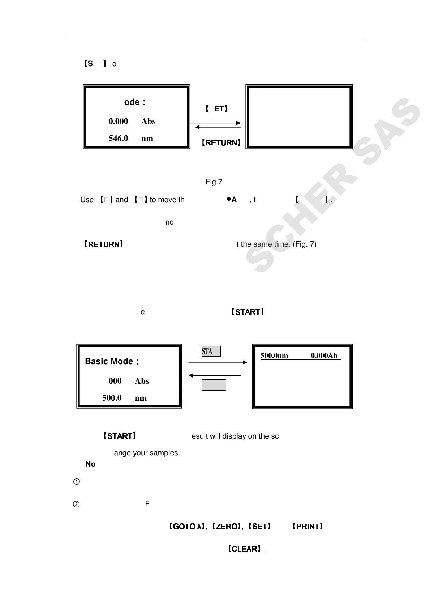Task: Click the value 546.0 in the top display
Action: pyautogui.click(x=118, y=138)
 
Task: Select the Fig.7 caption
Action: pyautogui.click(x=214, y=182)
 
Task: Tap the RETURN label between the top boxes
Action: pyautogui.click(x=221, y=143)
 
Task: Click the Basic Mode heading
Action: pyautogui.click(x=112, y=361)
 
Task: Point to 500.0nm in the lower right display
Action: pyautogui.click(x=274, y=355)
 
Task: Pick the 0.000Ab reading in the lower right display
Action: pyautogui.click(x=324, y=355)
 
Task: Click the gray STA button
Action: pyautogui.click(x=211, y=351)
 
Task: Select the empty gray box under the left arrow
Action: pyautogui.click(x=214, y=385)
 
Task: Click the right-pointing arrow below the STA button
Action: pyautogui.click(x=218, y=362)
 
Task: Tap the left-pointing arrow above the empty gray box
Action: pyautogui.click(x=215, y=375)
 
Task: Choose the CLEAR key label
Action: pyautogui.click(x=244, y=549)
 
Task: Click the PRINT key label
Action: pyautogui.click(x=308, y=527)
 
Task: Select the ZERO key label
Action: pyautogui.click(x=226, y=527)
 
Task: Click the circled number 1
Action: pyautogui.click(x=77, y=482)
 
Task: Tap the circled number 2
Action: pyautogui.click(x=77, y=504)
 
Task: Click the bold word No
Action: pyautogui.click(x=90, y=464)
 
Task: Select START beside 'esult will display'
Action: pyautogui.click(x=119, y=436)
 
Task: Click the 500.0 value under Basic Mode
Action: pyautogui.click(x=112, y=398)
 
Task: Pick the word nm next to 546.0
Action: pyautogui.click(x=147, y=138)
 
